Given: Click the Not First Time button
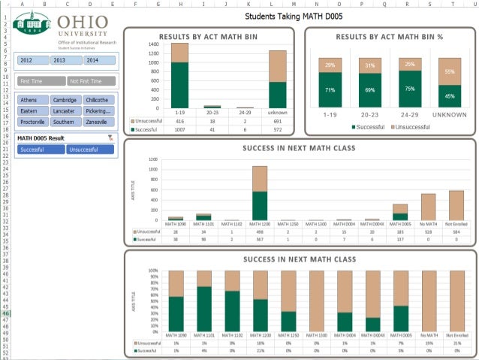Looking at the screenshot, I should point(91,81).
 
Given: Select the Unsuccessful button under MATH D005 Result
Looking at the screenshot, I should point(89,150).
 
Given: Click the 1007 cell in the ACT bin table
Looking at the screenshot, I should point(179,129).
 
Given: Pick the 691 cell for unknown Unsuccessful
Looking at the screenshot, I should point(277,121).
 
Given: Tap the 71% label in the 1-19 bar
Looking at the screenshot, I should point(329,89).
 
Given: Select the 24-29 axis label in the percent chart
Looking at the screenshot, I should point(409,115).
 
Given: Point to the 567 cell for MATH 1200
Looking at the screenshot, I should point(260,239).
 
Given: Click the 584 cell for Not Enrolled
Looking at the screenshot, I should point(456,231).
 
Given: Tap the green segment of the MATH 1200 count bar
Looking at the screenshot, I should point(260,204).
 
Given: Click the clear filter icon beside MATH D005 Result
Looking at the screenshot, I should point(110,138).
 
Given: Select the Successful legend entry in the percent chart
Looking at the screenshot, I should point(369,128).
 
